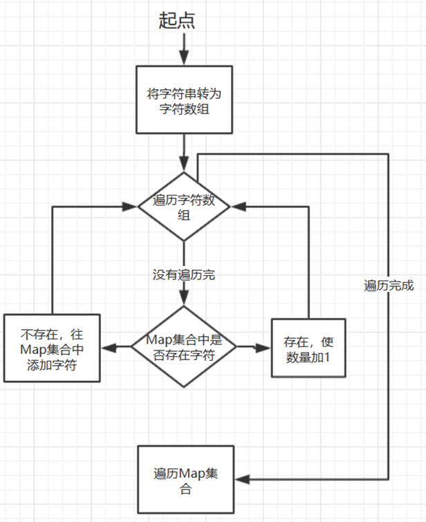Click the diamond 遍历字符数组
(184, 207)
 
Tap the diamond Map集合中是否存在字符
(184, 346)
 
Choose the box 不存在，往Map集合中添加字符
(52, 348)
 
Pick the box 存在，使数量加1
(308, 348)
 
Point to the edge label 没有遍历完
(184, 275)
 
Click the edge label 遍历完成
(388, 285)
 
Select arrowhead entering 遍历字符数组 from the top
(184, 164)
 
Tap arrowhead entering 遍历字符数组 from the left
(130, 205)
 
